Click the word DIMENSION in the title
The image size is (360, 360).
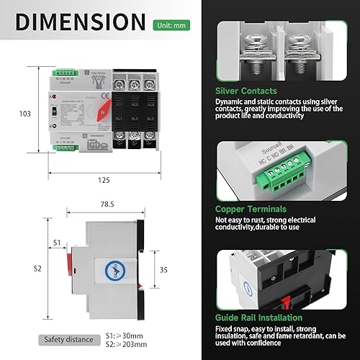pos(82,22)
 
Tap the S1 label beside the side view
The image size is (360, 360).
pos(56,243)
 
